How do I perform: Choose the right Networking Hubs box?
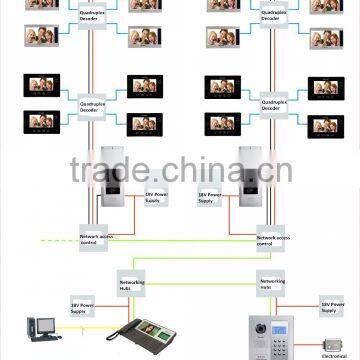271,283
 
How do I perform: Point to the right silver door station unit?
251,185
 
